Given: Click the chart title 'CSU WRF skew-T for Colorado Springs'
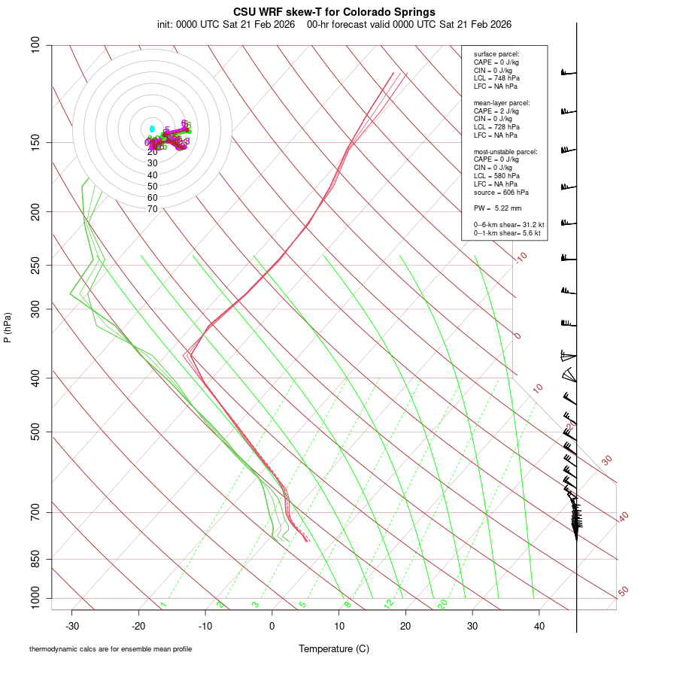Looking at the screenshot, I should pyautogui.click(x=334, y=12).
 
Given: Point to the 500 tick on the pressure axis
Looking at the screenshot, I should pyautogui.click(x=36, y=432).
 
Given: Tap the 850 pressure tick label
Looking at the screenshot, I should pyautogui.click(x=36, y=559).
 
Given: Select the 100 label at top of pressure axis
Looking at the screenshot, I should pyautogui.click(x=36, y=45).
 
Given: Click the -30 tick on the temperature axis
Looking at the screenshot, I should pyautogui.click(x=72, y=626).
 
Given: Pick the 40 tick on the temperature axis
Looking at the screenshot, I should pyautogui.click(x=539, y=626).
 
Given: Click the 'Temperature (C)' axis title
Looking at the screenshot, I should pyautogui.click(x=334, y=648).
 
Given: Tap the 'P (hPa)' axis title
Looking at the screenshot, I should pyautogui.click(x=8, y=327).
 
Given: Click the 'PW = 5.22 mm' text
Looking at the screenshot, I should pyautogui.click(x=496, y=208).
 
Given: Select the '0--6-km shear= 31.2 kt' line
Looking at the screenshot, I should pyautogui.click(x=509, y=224).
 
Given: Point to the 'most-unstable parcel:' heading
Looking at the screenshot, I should pyautogui.click(x=505, y=151).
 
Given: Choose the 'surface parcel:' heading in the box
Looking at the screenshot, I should pyautogui.click(x=496, y=54).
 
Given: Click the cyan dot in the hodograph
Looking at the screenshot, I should pyautogui.click(x=152, y=129).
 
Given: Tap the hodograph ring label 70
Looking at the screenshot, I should pyautogui.click(x=152, y=209).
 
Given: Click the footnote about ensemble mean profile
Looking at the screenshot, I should pyautogui.click(x=111, y=648).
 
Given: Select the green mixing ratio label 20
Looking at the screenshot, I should pyautogui.click(x=443, y=604).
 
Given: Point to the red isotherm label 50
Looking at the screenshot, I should pyautogui.click(x=623, y=592).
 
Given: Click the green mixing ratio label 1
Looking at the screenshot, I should pyautogui.click(x=163, y=605).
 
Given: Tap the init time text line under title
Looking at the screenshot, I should pyautogui.click(x=334, y=24).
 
